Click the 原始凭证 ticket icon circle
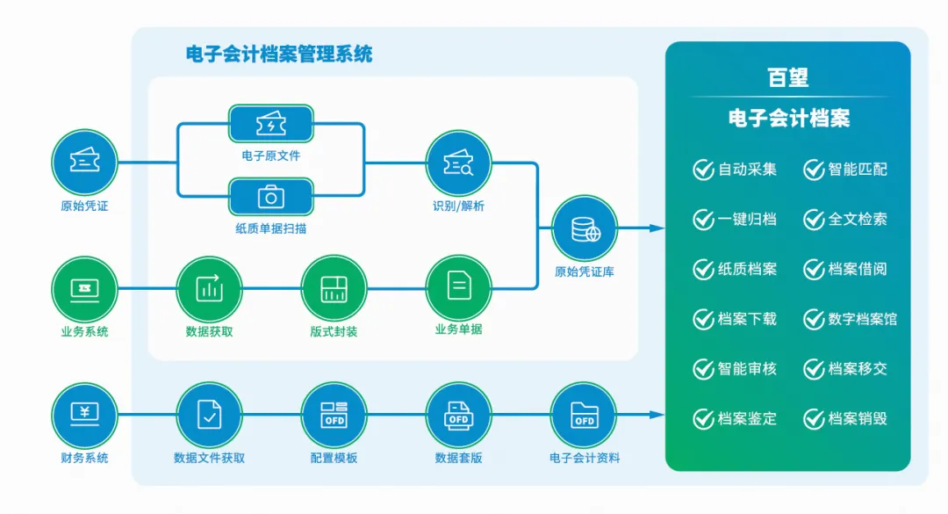(x=84, y=163)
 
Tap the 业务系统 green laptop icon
(x=84, y=287)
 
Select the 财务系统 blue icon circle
(x=84, y=414)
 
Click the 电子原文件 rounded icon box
(x=270, y=124)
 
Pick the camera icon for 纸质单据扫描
(x=270, y=197)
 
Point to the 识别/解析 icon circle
(x=458, y=163)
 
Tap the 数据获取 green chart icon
(x=209, y=287)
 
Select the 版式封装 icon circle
(x=334, y=287)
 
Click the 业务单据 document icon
(x=458, y=287)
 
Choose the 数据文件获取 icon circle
(x=209, y=414)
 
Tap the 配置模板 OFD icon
(x=334, y=414)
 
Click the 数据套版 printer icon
(x=458, y=414)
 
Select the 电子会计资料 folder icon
(x=585, y=414)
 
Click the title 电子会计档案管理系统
(x=279, y=54)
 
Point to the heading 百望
(x=787, y=78)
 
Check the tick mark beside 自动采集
(x=703, y=170)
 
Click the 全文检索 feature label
(x=858, y=220)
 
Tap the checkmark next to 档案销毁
(x=814, y=419)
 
